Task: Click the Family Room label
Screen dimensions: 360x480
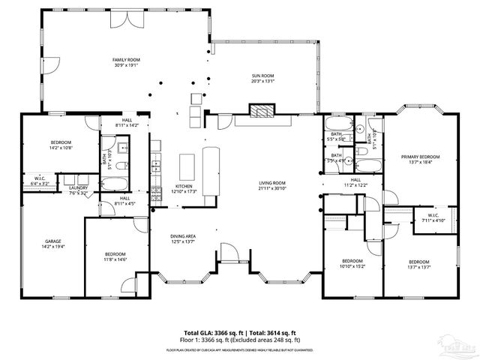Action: pyautogui.click(x=126, y=60)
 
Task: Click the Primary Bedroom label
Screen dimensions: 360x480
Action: pyautogui.click(x=420, y=157)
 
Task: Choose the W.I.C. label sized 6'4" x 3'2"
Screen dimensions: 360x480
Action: pyautogui.click(x=38, y=179)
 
